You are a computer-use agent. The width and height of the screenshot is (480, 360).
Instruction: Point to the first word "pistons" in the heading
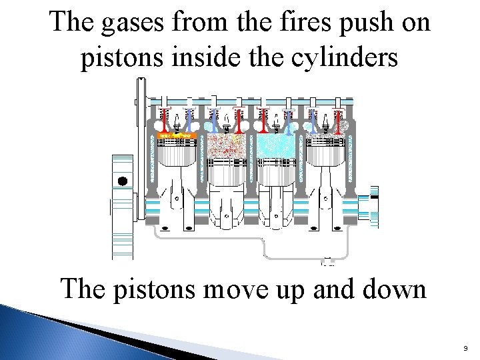point(121,58)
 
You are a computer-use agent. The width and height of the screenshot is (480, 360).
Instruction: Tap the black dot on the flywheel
point(123,181)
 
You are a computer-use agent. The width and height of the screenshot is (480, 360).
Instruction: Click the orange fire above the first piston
point(175,135)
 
